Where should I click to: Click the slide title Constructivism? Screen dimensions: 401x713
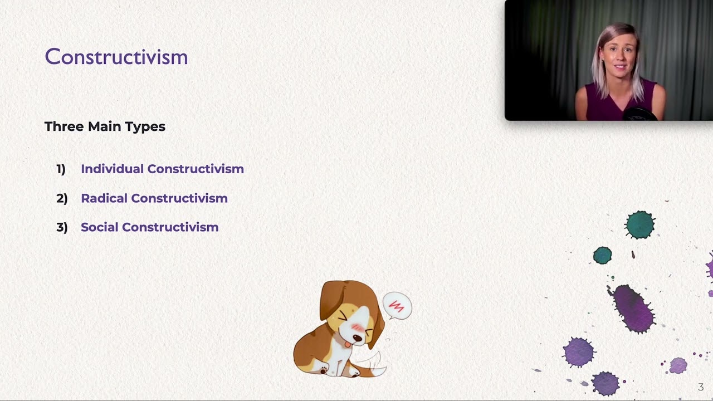pyautogui.click(x=116, y=57)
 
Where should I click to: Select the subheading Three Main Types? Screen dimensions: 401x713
pyautogui.click(x=105, y=126)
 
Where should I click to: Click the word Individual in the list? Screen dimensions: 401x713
pyautogui.click(x=112, y=169)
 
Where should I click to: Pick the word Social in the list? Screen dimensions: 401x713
pyautogui.click(x=99, y=227)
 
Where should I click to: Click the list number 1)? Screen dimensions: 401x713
pyautogui.click(x=61, y=169)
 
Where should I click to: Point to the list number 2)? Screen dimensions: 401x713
pyautogui.click(x=62, y=198)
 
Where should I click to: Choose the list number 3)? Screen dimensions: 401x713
pyautogui.click(x=62, y=227)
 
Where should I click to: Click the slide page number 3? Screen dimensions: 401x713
pyautogui.click(x=701, y=387)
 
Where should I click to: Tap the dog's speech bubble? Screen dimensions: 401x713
pyautogui.click(x=397, y=306)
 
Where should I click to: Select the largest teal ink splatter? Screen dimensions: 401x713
pyautogui.click(x=640, y=225)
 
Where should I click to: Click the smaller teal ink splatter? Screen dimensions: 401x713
pyautogui.click(x=602, y=256)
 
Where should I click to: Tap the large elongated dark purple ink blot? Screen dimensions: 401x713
pyautogui.click(x=633, y=308)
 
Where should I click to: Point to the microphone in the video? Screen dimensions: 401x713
pyautogui.click(x=639, y=114)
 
